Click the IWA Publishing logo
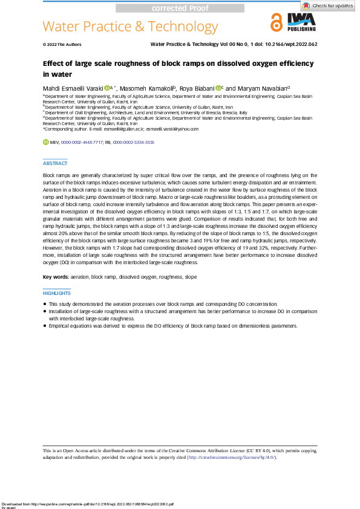tap(300, 23)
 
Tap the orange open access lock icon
tap(276, 23)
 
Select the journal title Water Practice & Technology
tap(130, 27)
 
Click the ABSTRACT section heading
tap(55, 163)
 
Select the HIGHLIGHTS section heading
tap(57, 293)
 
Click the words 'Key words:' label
tap(55, 277)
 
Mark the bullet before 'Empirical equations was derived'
tap(45, 325)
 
